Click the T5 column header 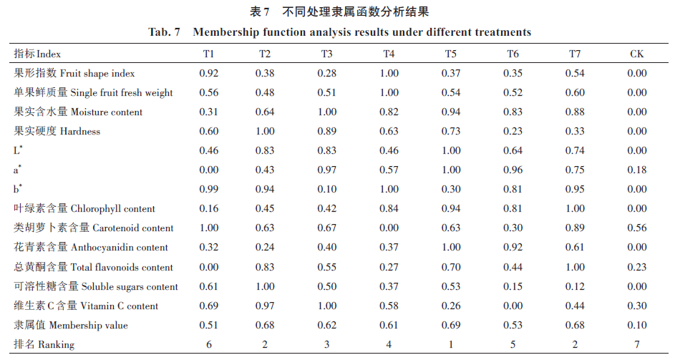pyautogui.click(x=450, y=54)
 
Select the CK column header pyautogui.click(x=636, y=54)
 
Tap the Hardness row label pyautogui.click(x=57, y=131)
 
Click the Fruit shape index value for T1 pyautogui.click(x=209, y=73)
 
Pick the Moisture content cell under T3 pyautogui.click(x=326, y=112)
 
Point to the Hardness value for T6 pyautogui.click(x=513, y=132)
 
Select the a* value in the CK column pyautogui.click(x=636, y=170)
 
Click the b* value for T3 pyautogui.click(x=326, y=189)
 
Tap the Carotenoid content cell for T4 pyautogui.click(x=389, y=228)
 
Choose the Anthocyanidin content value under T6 pyautogui.click(x=513, y=247)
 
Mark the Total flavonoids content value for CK pyautogui.click(x=636, y=267)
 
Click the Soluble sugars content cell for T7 pyautogui.click(x=575, y=286)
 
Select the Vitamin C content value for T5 pyautogui.click(x=451, y=306)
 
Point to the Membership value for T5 pyautogui.click(x=451, y=325)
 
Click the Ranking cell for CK pyautogui.click(x=636, y=344)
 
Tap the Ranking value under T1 pyautogui.click(x=209, y=344)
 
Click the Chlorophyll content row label pyautogui.click(x=84, y=208)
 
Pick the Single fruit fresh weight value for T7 pyautogui.click(x=575, y=92)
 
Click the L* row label pyautogui.click(x=18, y=150)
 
